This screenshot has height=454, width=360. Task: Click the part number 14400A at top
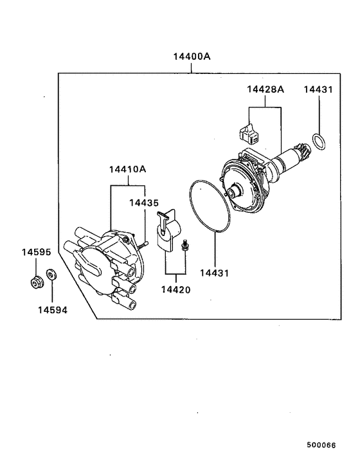(192, 57)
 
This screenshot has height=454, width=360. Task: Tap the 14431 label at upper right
(318, 90)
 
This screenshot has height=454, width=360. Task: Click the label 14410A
(127, 170)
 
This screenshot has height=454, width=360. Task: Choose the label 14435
(143, 203)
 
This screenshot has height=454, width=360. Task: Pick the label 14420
(175, 289)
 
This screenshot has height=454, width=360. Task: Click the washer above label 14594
(52, 277)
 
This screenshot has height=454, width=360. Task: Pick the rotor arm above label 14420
(169, 230)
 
